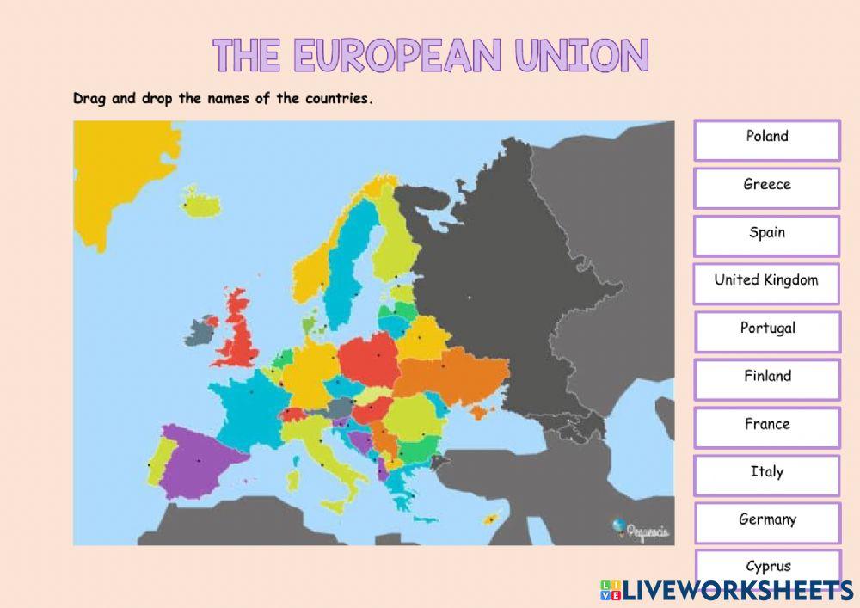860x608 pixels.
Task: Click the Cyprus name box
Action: (x=767, y=566)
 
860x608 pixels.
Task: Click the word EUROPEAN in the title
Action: (x=396, y=56)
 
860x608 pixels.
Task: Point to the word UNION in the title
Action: (x=582, y=56)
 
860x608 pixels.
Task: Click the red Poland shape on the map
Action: (x=370, y=357)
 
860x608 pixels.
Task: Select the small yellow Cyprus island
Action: (x=494, y=518)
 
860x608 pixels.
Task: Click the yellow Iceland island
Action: (x=200, y=204)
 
